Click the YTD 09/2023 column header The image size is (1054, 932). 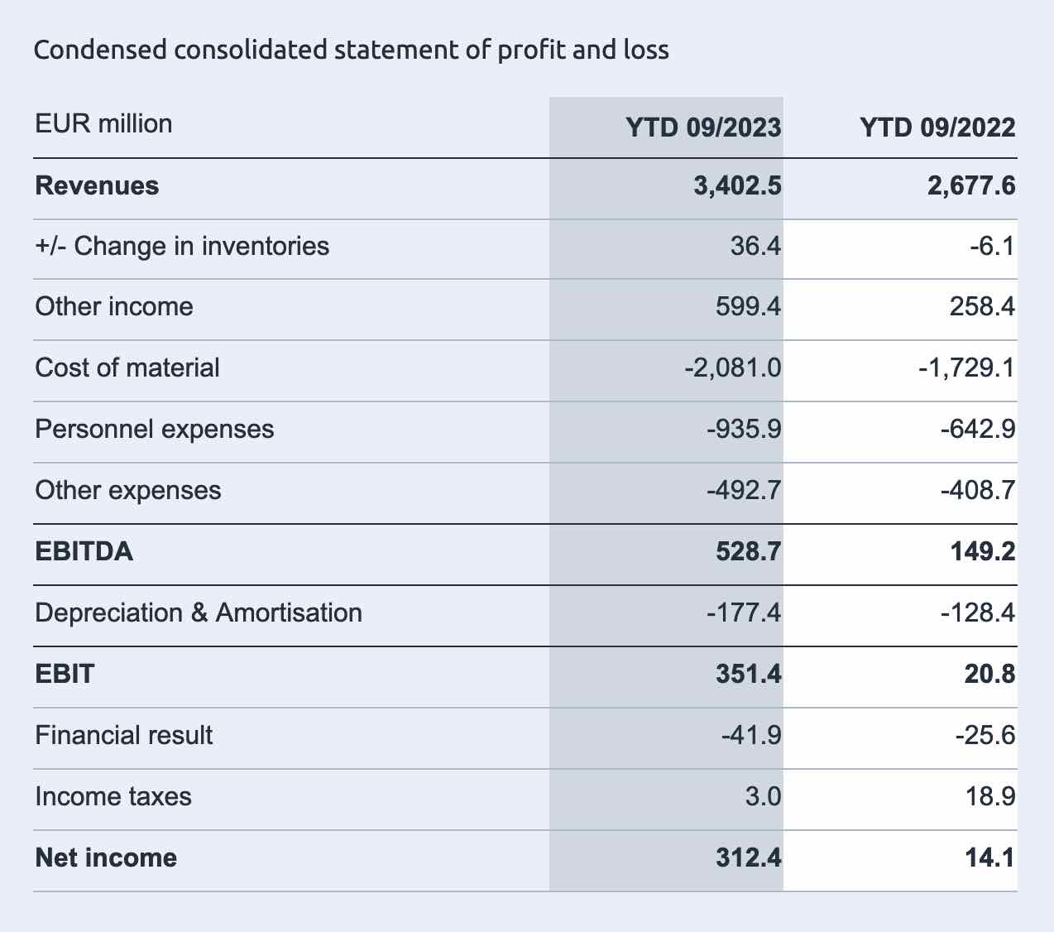[703, 127]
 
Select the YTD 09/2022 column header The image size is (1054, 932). [937, 127]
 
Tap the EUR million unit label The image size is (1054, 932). [103, 124]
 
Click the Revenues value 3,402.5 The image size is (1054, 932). [737, 186]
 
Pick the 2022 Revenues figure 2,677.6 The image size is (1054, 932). [971, 186]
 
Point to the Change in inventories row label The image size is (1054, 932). [182, 246]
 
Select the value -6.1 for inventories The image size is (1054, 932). [993, 246]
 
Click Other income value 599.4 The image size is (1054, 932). [748, 306]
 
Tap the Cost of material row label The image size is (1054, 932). [127, 368]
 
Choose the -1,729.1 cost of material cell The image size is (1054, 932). [966, 368]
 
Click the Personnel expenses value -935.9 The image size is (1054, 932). [744, 429]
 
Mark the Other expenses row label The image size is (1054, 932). [128, 491]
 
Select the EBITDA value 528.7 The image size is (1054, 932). [748, 551]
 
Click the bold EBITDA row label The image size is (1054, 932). [84, 551]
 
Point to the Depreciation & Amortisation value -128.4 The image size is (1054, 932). [978, 613]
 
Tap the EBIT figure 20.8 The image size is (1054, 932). [989, 675]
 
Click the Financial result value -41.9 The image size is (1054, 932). [751, 735]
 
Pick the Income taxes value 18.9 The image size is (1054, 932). [990, 796]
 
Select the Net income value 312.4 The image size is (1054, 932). [748, 858]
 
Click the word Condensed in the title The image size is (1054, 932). [100, 50]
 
